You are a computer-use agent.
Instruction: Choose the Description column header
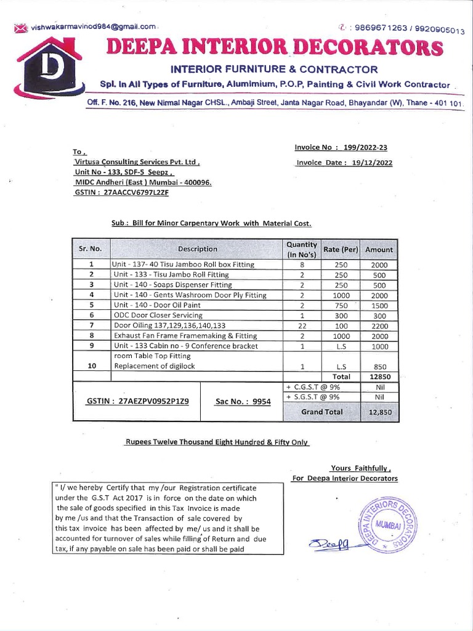pyautogui.click(x=197, y=249)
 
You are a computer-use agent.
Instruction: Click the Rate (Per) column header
pyautogui.click(x=341, y=249)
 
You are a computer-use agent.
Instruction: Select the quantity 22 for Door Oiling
pyautogui.click(x=302, y=326)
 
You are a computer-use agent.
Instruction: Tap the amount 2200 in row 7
pyautogui.click(x=379, y=326)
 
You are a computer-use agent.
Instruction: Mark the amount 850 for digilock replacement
pyautogui.click(x=379, y=366)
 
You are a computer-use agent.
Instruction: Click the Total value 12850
pyautogui.click(x=379, y=377)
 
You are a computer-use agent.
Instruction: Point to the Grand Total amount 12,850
pyautogui.click(x=379, y=412)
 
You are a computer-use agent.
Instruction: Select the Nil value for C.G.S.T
pyautogui.click(x=379, y=387)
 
